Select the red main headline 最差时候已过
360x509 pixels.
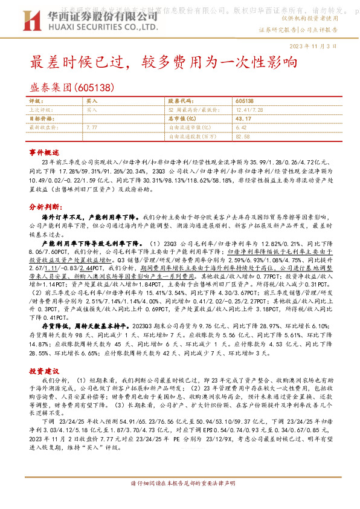[84, 62]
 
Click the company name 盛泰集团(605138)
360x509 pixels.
[72, 88]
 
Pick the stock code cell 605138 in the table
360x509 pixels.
[244, 102]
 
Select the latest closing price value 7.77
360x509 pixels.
[92, 128]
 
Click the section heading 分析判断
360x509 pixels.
[43, 206]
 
